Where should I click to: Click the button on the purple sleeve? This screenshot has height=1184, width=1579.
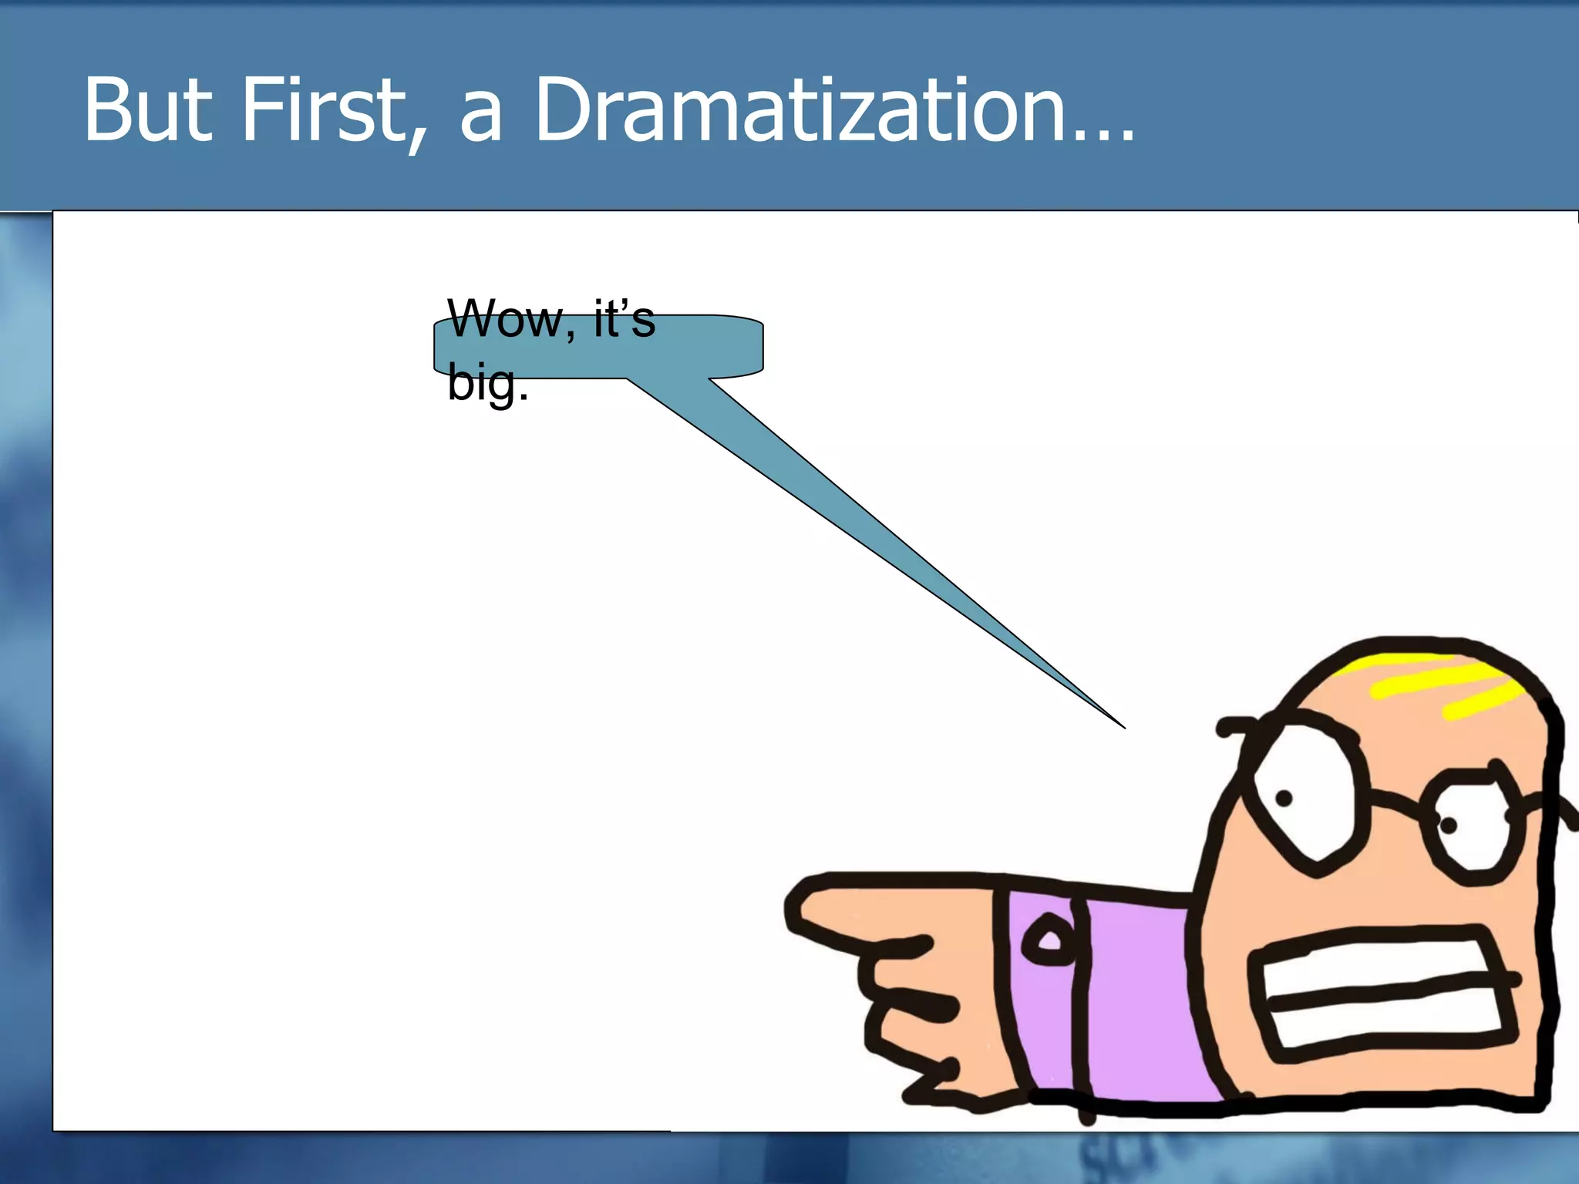(x=1047, y=940)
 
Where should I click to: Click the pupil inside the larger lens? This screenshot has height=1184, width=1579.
(x=1284, y=799)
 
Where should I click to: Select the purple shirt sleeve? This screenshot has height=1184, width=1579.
(x=1133, y=1002)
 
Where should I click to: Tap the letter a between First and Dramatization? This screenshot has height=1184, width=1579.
(x=481, y=119)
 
